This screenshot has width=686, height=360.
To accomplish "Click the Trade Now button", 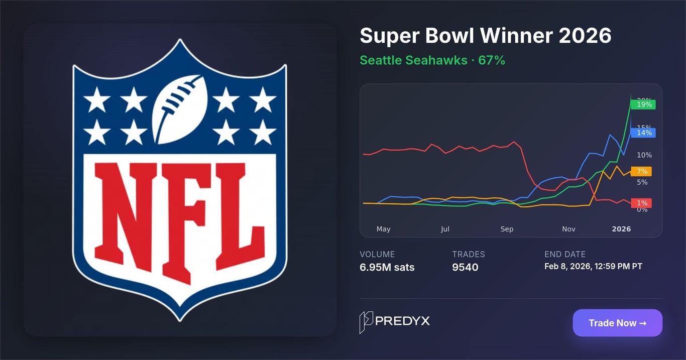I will pos(617,323).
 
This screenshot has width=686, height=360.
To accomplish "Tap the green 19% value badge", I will pos(644,104).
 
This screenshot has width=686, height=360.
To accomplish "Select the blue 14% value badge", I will pos(644,133).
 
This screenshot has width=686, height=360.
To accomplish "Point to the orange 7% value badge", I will pos(642,171).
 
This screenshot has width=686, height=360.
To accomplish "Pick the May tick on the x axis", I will pos(383,229).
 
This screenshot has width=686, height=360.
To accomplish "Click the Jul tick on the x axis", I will pos(445,229).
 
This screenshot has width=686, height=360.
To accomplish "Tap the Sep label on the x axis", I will pos(507,229).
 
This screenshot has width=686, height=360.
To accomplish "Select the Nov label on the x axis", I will pos(568,229).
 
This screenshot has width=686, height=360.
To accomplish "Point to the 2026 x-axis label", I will pos(621,229).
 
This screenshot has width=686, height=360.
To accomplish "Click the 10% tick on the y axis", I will pos(644,155).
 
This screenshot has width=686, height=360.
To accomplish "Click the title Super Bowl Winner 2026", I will pos(485,36).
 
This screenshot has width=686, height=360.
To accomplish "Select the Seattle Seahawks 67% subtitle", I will pos(432,60).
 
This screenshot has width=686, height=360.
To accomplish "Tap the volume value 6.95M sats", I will pos(387,267).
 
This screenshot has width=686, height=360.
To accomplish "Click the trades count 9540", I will pos(465,267).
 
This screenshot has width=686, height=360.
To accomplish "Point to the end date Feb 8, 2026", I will pos(593,266).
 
